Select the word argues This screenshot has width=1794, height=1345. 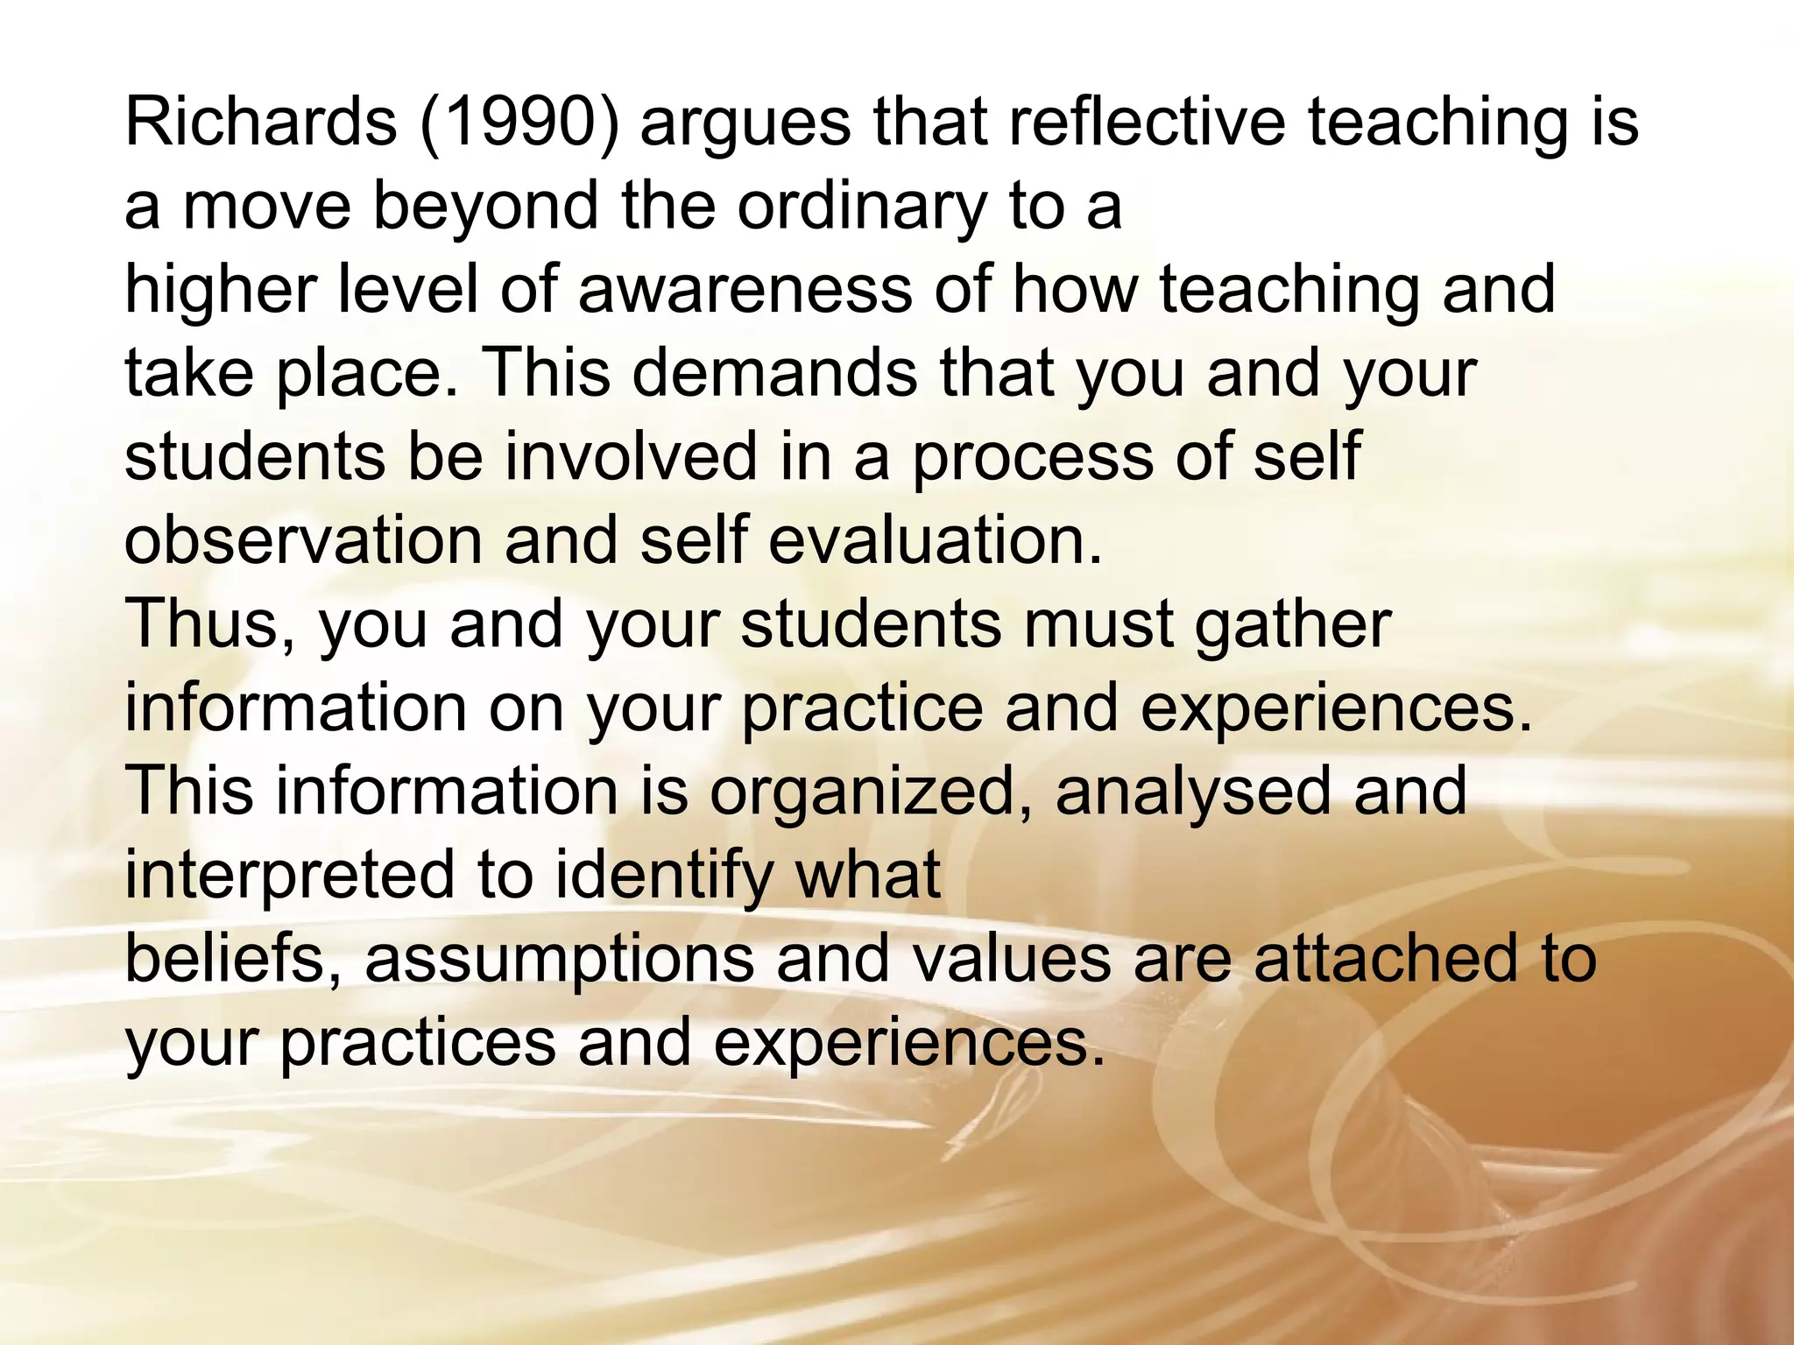point(745,123)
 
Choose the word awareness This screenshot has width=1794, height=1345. point(745,290)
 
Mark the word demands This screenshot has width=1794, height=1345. point(775,373)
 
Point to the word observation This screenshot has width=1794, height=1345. point(303,540)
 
